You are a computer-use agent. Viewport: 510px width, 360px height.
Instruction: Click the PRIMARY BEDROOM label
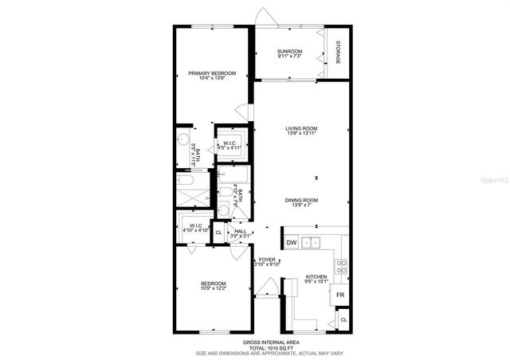[x=212, y=73]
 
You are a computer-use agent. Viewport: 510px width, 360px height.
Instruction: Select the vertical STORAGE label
[x=337, y=53]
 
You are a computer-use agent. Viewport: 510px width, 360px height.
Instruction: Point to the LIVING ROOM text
[x=301, y=128]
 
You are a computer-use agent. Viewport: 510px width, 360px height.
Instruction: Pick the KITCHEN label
[x=316, y=276]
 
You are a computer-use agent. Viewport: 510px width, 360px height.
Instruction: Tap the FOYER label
[x=266, y=259]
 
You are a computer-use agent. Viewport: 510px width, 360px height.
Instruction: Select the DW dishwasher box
[x=291, y=242]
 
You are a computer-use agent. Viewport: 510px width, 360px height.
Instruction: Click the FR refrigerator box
[x=339, y=295]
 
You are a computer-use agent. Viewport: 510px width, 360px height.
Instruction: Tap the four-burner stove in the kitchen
[x=341, y=267]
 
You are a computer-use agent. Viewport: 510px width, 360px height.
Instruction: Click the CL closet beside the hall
[x=218, y=233]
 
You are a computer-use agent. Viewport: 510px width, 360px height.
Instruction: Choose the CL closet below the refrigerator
[x=343, y=319]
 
